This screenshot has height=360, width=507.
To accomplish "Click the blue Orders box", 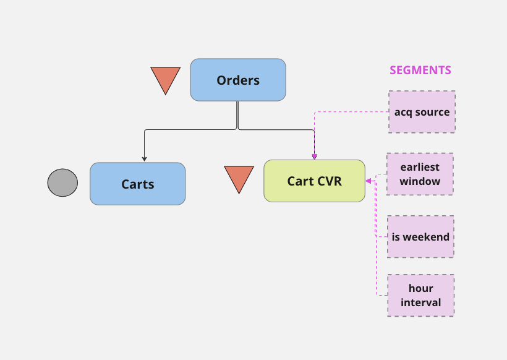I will click(x=238, y=80).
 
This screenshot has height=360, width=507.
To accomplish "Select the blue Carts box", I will click(x=137, y=184).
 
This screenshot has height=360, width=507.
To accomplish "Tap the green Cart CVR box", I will click(x=314, y=181).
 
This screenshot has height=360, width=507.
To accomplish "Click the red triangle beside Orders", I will click(x=165, y=79).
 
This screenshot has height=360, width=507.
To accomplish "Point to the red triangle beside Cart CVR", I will click(x=239, y=178).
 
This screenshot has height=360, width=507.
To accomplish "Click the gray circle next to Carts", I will click(x=62, y=182).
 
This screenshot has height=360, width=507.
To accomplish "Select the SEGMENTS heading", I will click(x=420, y=70).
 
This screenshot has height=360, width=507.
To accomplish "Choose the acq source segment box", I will click(x=422, y=112).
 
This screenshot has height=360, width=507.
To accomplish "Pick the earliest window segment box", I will click(x=420, y=174).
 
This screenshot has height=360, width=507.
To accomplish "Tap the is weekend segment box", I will click(x=420, y=236).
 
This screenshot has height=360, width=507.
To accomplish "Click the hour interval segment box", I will click(x=420, y=295).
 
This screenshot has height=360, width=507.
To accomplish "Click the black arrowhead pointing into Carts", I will click(x=144, y=158).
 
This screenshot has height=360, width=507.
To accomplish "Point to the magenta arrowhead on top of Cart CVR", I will click(x=314, y=156).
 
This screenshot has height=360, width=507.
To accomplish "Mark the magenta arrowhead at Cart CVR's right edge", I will click(x=369, y=181).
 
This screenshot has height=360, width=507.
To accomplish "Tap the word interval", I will click(x=421, y=302).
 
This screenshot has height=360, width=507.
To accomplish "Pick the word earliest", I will click(x=420, y=167).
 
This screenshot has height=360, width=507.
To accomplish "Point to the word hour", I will click(x=421, y=288).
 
